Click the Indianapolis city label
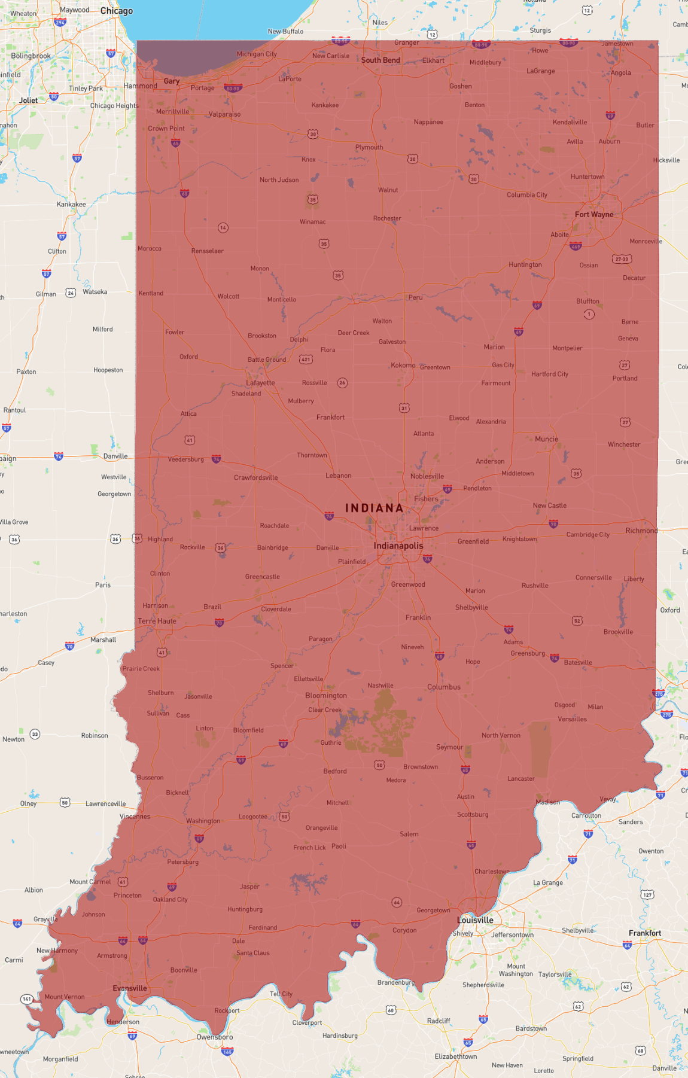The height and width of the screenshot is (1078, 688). click(x=398, y=546)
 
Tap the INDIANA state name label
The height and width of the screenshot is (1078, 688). click(x=375, y=508)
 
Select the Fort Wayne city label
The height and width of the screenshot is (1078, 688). click(x=593, y=214)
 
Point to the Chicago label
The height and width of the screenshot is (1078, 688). click(x=117, y=11)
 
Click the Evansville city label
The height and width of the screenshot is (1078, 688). click(x=130, y=988)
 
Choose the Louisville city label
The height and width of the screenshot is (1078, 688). click(x=475, y=920)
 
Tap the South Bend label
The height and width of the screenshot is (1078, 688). click(x=380, y=60)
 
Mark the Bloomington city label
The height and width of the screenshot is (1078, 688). click(x=326, y=695)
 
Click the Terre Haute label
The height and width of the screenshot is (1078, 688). click(x=157, y=621)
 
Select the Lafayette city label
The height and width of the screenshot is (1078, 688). click(x=260, y=383)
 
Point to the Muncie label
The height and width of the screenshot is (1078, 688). click(x=546, y=439)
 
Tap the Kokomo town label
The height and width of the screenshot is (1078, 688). click(x=403, y=365)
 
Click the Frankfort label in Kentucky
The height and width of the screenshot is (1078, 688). click(x=645, y=933)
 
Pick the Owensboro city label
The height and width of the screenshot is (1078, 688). click(x=215, y=1037)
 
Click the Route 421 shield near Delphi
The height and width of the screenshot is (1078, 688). click(x=306, y=360)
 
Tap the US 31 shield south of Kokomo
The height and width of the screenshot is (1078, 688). click(x=404, y=408)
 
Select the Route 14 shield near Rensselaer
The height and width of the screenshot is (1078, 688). click(x=223, y=228)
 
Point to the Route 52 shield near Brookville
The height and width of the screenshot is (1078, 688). click(x=577, y=621)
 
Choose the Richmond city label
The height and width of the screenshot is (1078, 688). click(x=641, y=531)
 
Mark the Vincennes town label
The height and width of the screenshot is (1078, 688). click(x=135, y=817)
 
